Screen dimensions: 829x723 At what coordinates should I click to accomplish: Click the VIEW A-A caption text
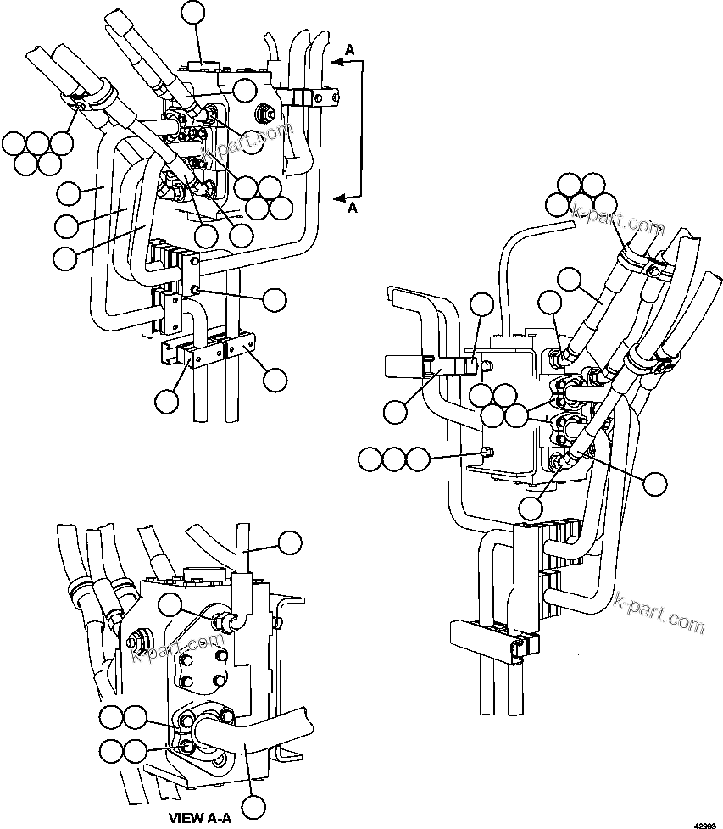pyautogui.click(x=199, y=818)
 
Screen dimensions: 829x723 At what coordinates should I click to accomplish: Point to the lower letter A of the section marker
pyautogui.click(x=353, y=207)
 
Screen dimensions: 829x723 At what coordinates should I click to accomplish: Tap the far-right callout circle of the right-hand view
pyautogui.click(x=656, y=483)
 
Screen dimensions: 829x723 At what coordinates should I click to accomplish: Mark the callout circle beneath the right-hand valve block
pyautogui.click(x=531, y=508)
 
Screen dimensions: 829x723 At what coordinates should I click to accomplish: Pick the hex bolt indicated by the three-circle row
pyautogui.click(x=486, y=450)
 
